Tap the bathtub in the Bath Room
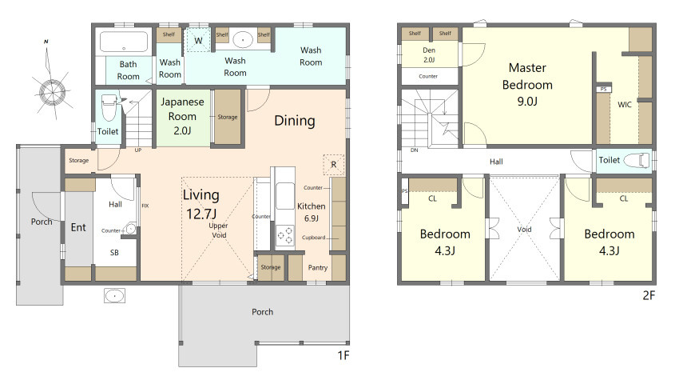pyautogui.click(x=124, y=42)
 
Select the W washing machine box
pyautogui.click(x=198, y=41)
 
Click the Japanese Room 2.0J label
pyautogui.click(x=182, y=116)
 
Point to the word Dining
pyautogui.click(x=295, y=121)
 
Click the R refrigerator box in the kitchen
pyautogui.click(x=334, y=164)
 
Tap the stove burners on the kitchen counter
pyautogui.click(x=285, y=235)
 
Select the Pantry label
pyautogui.click(x=318, y=268)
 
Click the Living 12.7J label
pyautogui.click(x=201, y=204)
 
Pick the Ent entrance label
pyautogui.click(x=78, y=227)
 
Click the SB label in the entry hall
pyautogui.click(x=114, y=253)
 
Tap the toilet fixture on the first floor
pyautogui.click(x=109, y=107)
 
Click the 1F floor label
pyautogui.click(x=343, y=355)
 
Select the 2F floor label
pyautogui.click(x=649, y=295)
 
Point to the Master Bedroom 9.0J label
pyautogui.click(x=527, y=85)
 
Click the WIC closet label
pyautogui.click(x=625, y=104)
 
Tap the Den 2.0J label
pyautogui.click(x=429, y=54)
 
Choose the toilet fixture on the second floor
pyautogui.click(x=636, y=160)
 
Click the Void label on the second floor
pyautogui.click(x=524, y=230)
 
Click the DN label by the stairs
pyautogui.click(x=414, y=150)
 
